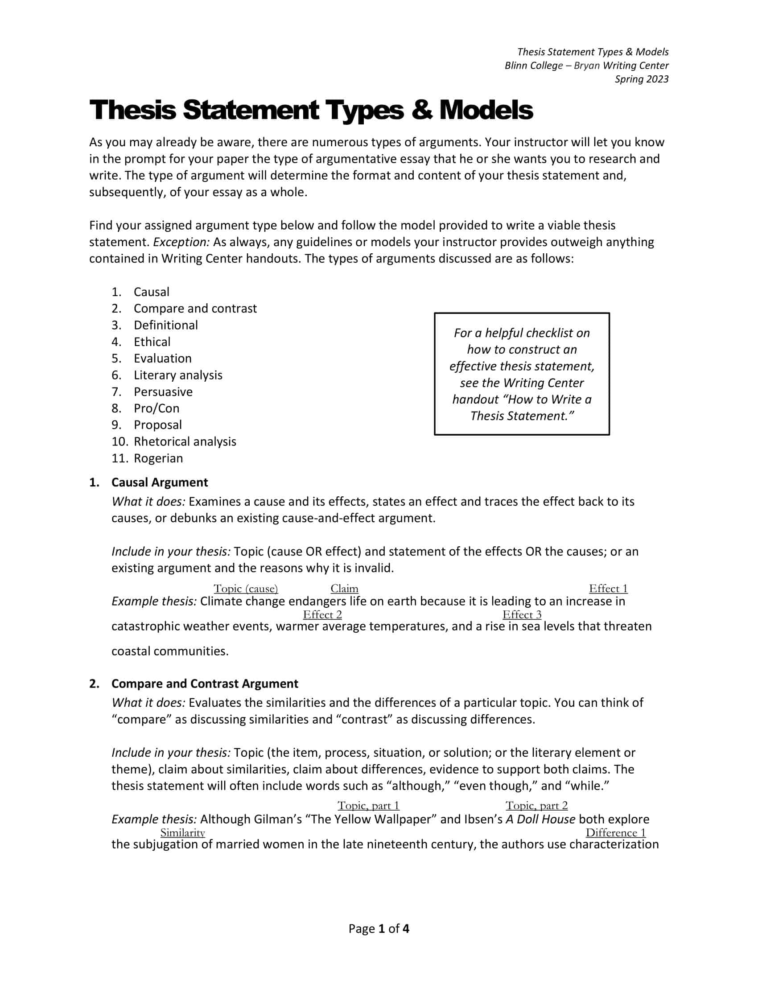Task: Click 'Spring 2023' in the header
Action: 641,79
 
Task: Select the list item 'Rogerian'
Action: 158,458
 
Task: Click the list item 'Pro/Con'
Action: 156,408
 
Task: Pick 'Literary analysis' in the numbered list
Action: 178,375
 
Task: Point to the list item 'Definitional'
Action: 166,325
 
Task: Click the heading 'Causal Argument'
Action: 160,482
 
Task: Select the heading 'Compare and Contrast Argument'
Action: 204,684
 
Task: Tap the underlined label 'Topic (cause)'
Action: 246,589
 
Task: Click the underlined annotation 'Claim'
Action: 344,589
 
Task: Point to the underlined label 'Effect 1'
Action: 608,589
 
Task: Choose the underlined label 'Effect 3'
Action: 522,614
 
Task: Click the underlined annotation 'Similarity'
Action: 182,833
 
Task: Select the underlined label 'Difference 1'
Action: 615,833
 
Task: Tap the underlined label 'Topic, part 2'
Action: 536,805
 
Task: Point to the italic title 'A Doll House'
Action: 540,819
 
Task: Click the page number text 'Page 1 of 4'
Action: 379,929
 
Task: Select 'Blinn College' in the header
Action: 533,66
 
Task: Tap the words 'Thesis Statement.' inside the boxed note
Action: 522,416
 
